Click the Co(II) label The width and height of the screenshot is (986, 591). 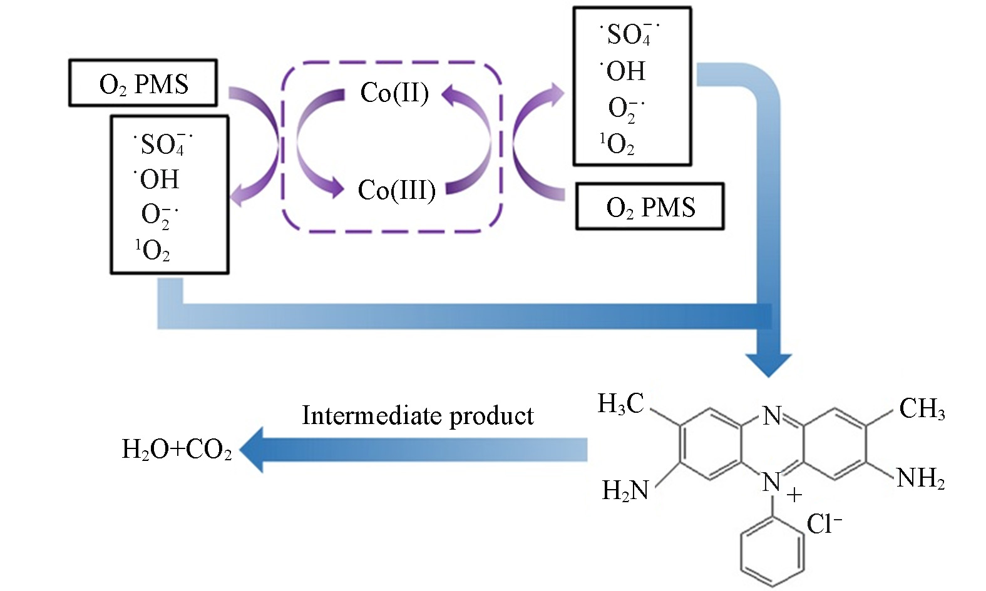point(394,93)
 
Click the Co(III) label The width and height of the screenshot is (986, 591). point(397,190)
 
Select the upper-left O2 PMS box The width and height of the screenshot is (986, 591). point(143,83)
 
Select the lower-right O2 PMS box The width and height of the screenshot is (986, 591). point(650,207)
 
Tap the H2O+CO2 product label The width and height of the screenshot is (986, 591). point(177,450)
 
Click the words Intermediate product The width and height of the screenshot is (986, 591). point(418,416)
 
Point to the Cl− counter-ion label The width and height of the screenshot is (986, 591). point(823,524)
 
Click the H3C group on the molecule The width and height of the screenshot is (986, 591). point(620,404)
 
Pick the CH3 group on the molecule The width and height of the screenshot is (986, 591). point(922,409)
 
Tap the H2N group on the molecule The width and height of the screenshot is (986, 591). point(625,490)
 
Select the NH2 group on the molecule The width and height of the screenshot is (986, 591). point(920,478)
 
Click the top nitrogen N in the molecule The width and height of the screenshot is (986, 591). point(772,415)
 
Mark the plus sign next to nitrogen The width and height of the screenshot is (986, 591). point(794,496)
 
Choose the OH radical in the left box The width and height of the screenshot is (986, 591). point(158,179)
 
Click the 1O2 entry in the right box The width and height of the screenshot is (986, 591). point(617,144)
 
